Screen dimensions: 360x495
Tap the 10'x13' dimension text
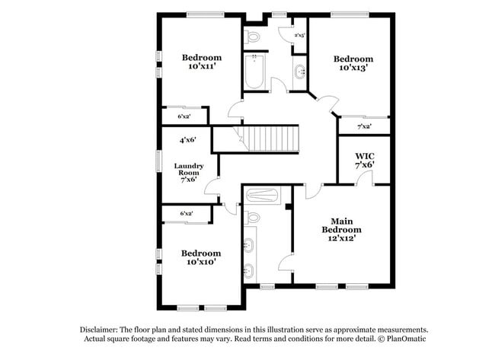(353, 68)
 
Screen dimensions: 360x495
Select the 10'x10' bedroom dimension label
(201, 262)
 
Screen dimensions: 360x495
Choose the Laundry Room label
(187, 170)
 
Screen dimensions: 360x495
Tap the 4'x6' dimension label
(188, 140)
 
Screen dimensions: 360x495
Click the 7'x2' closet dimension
(364, 126)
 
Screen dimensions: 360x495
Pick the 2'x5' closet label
(299, 35)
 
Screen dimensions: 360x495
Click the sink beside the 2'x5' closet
(299, 72)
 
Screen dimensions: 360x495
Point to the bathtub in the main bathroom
(263, 196)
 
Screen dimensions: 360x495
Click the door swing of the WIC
(366, 178)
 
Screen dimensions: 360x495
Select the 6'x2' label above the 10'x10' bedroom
(186, 215)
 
